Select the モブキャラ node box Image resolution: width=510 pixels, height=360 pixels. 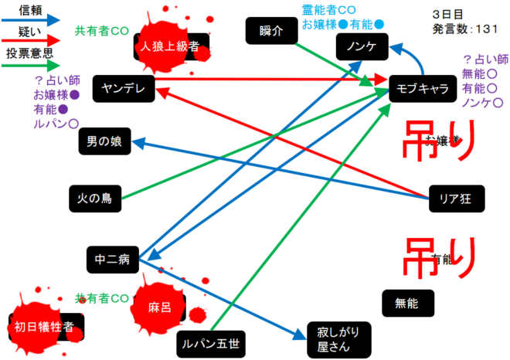pyautogui.click(x=422, y=88)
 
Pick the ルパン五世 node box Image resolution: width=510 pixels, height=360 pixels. pyautogui.click(x=209, y=341)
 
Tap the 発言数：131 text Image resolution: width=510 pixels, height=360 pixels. pyautogui.click(x=464, y=29)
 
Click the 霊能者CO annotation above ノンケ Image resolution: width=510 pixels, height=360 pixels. pyautogui.click(x=328, y=9)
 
